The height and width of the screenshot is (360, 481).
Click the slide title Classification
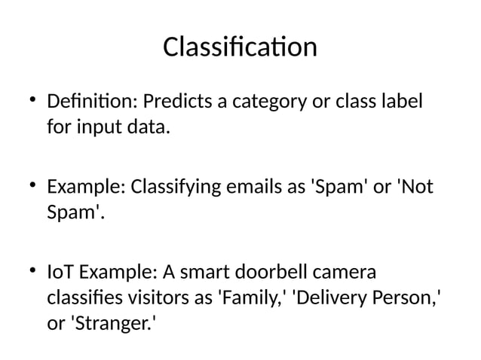click(240, 47)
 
